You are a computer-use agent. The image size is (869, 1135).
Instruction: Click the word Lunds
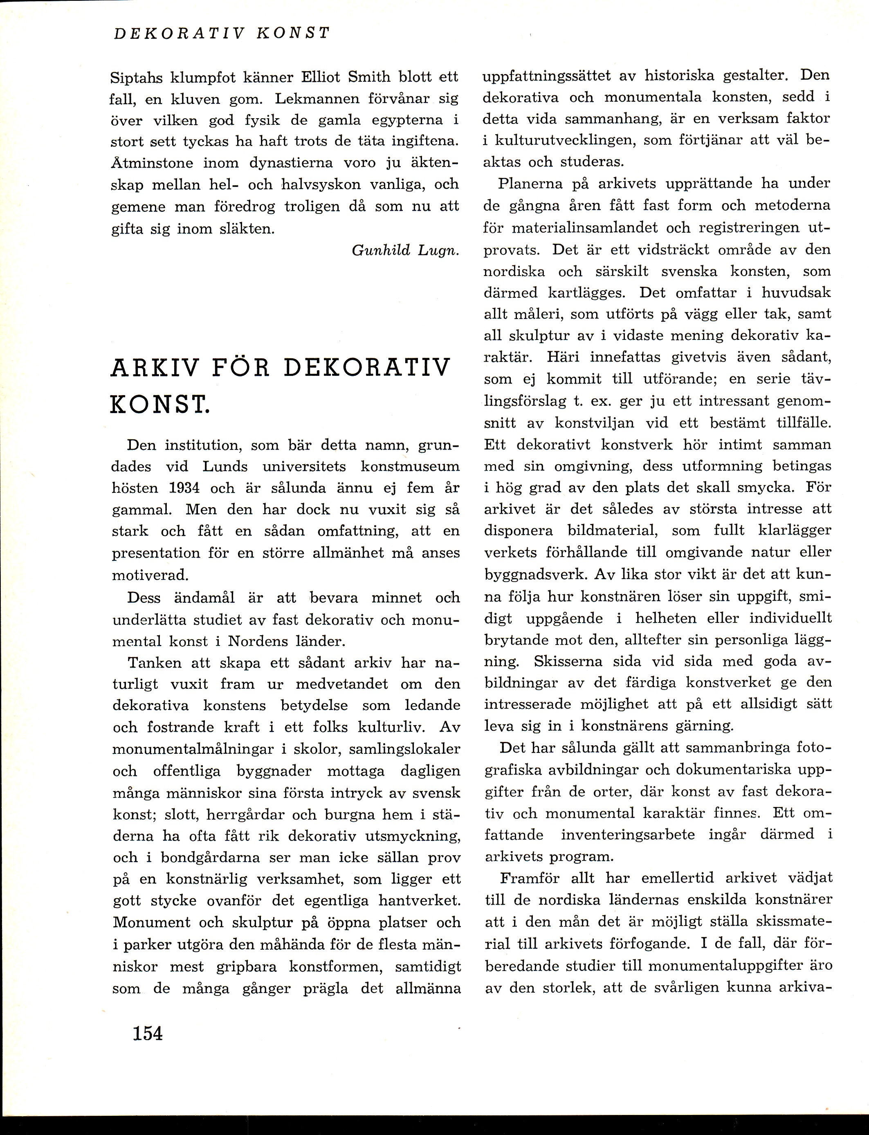225,466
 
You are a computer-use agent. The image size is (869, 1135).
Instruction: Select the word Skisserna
568,661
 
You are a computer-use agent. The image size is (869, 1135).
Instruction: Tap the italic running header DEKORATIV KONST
221,34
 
